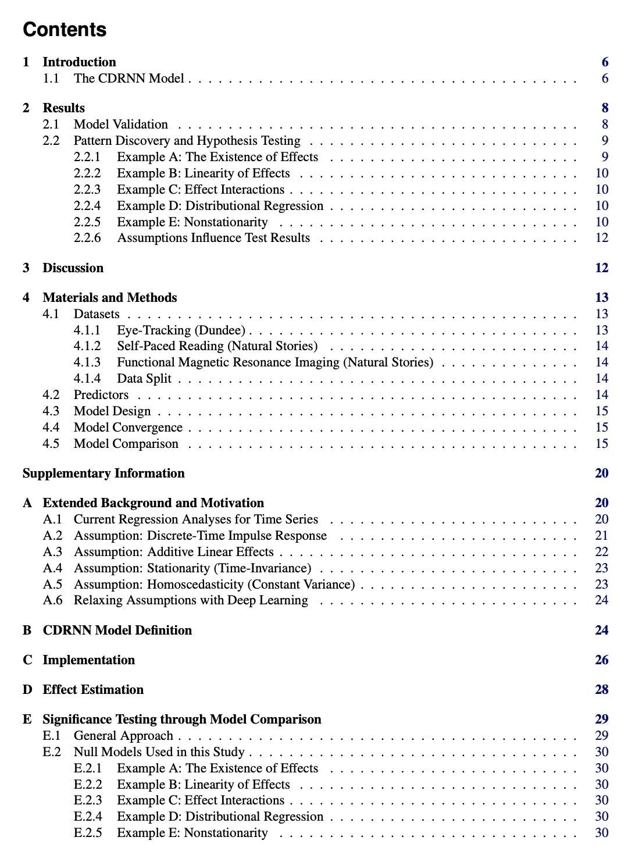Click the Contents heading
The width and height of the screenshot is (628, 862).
coord(65,30)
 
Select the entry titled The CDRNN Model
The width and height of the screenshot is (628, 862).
coord(129,79)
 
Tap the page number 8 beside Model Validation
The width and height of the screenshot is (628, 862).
coord(605,124)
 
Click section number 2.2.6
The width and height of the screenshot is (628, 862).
coord(87,238)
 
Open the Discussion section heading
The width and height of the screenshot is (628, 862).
coord(73,268)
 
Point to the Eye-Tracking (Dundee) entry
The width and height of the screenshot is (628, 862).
coord(181,330)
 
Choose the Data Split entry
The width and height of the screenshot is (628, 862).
coord(144,379)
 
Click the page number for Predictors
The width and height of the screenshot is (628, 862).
coord(602,395)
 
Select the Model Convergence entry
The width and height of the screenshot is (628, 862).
coord(128,428)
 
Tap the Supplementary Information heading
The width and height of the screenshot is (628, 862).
coord(104,473)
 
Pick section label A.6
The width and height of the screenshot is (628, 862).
coord(52,600)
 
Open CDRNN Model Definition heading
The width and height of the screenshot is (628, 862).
coord(117,631)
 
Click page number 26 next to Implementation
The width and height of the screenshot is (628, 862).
coord(601,660)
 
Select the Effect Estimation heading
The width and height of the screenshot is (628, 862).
coord(93,690)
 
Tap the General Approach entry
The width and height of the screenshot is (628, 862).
coord(123,736)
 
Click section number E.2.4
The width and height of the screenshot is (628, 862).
coord(88,817)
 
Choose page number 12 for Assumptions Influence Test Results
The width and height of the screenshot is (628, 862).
coord(601,238)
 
